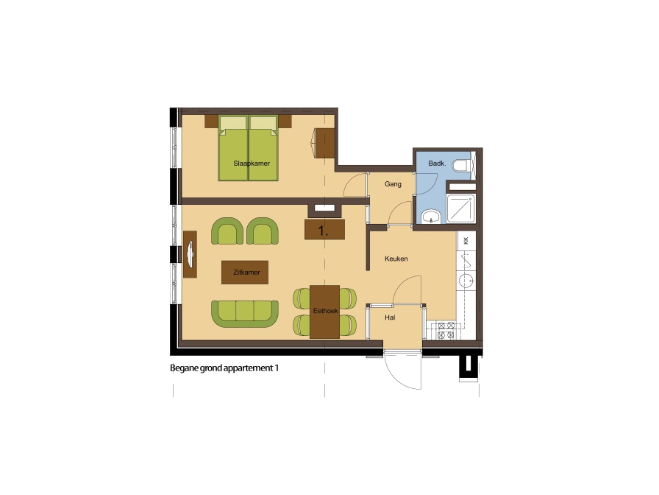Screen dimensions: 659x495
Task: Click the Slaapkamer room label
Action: pos(252,164)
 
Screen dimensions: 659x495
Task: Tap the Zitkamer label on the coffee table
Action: pos(246,273)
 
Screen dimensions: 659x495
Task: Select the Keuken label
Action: pos(396,259)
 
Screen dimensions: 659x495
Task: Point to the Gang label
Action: pos(393,184)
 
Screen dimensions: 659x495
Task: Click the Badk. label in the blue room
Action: pos(437,164)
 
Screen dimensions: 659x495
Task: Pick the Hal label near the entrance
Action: pos(390,317)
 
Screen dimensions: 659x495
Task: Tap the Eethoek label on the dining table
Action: pos(325,311)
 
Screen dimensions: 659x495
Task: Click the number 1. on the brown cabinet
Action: pos(323,231)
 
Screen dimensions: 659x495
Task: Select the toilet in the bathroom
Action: pos(463,166)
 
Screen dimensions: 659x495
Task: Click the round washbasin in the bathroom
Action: pos(430,217)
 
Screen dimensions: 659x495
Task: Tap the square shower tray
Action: pos(460,208)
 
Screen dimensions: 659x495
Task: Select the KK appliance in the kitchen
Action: pos(466,241)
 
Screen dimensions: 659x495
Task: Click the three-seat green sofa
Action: pos(245,314)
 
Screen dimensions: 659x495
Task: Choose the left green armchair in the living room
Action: pos(227,231)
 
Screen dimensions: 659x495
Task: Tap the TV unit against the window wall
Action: pos(190,254)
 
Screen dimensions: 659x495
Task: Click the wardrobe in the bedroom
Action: pos(324,143)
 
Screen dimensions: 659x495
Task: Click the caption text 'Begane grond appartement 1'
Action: pos(224,368)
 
